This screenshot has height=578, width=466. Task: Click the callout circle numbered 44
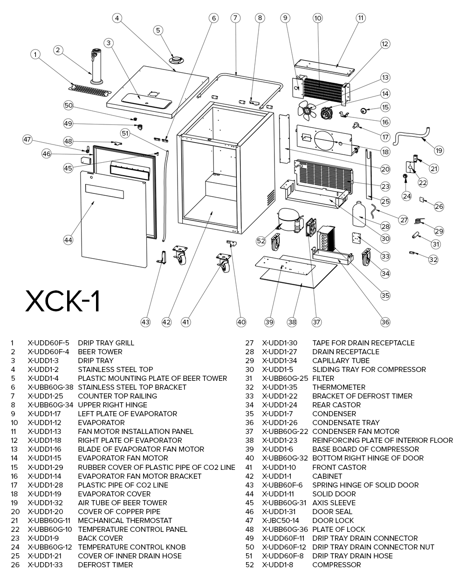point(69,240)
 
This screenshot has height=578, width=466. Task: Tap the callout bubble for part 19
point(439,151)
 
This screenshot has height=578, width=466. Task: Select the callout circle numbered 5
point(158,30)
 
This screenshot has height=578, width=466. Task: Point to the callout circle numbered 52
point(261,241)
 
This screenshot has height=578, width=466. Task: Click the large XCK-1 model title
point(62,301)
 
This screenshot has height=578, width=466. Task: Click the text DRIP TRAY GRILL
point(106,343)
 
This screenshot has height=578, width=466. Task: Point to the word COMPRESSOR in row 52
point(336,565)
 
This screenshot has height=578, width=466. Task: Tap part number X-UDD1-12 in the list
point(44,423)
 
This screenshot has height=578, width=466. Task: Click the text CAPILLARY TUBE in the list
point(341,361)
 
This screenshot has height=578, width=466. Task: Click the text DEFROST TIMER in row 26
point(105,565)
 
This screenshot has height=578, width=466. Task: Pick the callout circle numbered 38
point(292,322)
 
